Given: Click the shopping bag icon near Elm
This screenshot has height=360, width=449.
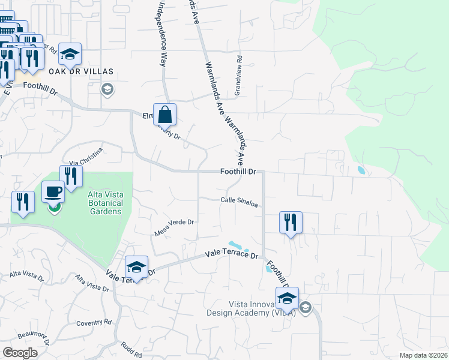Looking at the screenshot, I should pyautogui.click(x=164, y=114).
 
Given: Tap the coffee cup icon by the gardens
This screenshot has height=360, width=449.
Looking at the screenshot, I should pyautogui.click(x=53, y=192).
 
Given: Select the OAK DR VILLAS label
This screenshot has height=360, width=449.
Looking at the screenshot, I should pyautogui.click(x=81, y=71).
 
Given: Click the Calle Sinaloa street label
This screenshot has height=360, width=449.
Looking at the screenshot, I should pyautogui.click(x=239, y=202).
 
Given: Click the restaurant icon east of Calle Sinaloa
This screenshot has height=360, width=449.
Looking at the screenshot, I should pyautogui.click(x=291, y=222).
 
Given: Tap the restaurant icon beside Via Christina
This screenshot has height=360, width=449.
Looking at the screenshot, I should pyautogui.click(x=71, y=176).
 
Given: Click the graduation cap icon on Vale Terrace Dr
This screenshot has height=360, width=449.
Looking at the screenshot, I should pyautogui.click(x=136, y=267).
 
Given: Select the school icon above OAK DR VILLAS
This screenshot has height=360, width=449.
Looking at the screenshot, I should pyautogui.click(x=70, y=55).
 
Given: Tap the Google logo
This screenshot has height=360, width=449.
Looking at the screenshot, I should pyautogui.click(x=20, y=353).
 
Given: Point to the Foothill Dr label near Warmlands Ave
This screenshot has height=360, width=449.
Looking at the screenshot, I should pyautogui.click(x=238, y=172).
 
